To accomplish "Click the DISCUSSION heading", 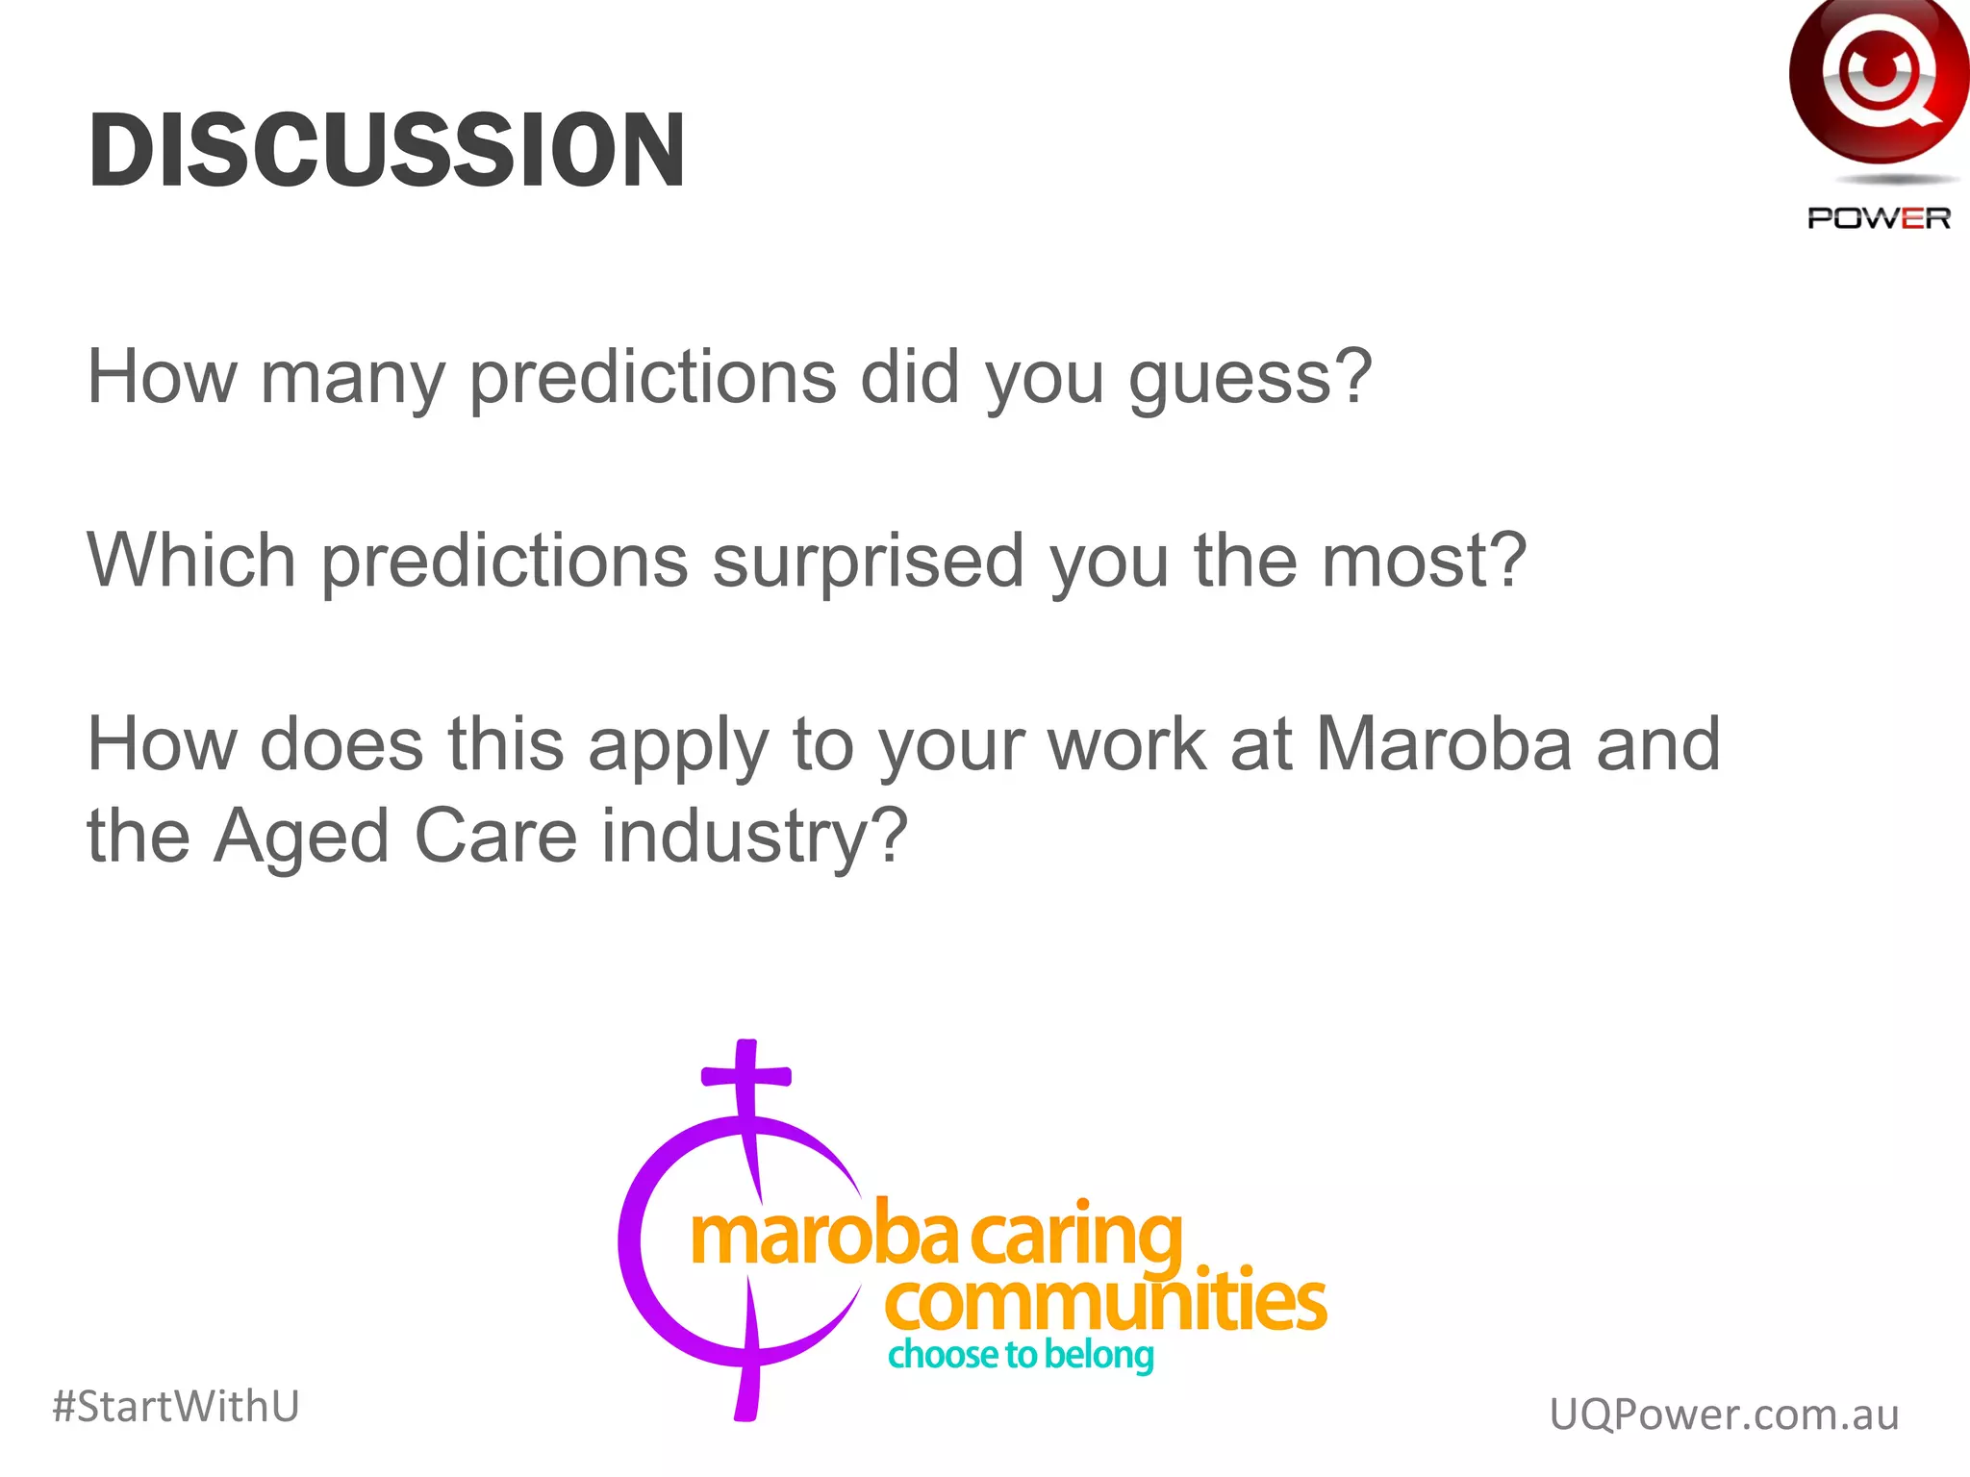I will point(387,150).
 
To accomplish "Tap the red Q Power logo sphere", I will point(1878,81).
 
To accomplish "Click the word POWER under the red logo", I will point(1879,219).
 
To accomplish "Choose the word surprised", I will point(868,563).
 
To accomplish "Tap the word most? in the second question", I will point(1424,561).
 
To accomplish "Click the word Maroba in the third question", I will point(1443,744).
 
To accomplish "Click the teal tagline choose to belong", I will point(1021,1355).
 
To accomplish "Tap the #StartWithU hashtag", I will point(176,1406).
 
